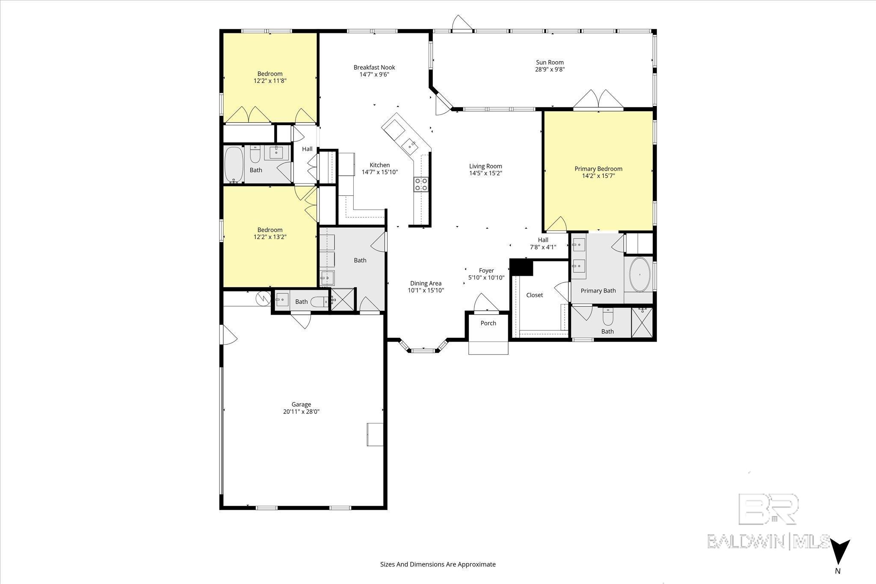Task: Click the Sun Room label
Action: tap(550, 62)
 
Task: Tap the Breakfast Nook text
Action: tap(374, 67)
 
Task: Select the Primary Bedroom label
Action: tap(598, 169)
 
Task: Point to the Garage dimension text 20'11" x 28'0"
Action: tap(301, 412)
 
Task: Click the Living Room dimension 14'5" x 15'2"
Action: tap(485, 173)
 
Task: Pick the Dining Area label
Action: tap(426, 283)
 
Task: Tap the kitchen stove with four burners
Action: tap(421, 184)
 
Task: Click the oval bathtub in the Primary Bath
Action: tap(640, 274)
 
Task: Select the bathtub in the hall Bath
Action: tap(234, 165)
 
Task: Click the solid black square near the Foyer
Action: tap(521, 267)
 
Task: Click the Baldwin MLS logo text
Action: tap(768, 541)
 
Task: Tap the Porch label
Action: tap(488, 323)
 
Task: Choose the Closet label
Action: tap(534, 295)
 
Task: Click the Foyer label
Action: tap(486, 271)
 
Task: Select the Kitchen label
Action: tap(380, 165)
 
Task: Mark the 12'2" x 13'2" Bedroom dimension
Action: tap(270, 236)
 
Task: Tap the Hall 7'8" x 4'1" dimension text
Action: tap(543, 247)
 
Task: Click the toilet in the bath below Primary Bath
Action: tap(608, 317)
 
